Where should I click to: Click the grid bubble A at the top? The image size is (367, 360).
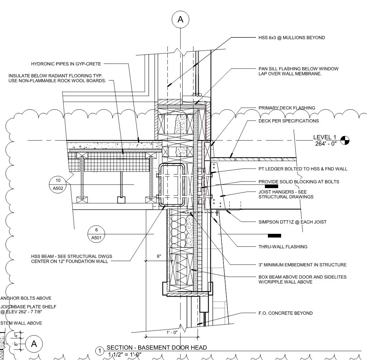click(x=180, y=20)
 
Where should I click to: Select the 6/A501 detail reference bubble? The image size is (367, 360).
click(x=96, y=233)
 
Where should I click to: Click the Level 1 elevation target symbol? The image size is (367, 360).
click(x=345, y=140)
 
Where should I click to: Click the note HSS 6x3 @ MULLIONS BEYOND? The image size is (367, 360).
click(x=291, y=38)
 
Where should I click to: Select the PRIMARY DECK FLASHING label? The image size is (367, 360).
click(x=286, y=108)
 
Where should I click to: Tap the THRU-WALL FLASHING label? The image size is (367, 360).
click(x=282, y=247)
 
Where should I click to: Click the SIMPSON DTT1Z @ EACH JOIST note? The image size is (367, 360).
click(x=292, y=222)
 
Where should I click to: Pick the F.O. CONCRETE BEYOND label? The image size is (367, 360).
click(x=285, y=313)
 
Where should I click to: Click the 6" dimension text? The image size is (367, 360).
click(x=159, y=256)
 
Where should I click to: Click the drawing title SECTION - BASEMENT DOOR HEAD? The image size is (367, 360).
click(x=156, y=348)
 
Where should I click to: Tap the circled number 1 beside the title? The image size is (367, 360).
click(x=99, y=351)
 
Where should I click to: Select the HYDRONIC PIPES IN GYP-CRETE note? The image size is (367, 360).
click(x=66, y=64)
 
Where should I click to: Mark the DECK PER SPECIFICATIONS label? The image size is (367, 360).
click(x=288, y=121)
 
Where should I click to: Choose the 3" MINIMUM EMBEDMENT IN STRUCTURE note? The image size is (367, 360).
click(x=302, y=265)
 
